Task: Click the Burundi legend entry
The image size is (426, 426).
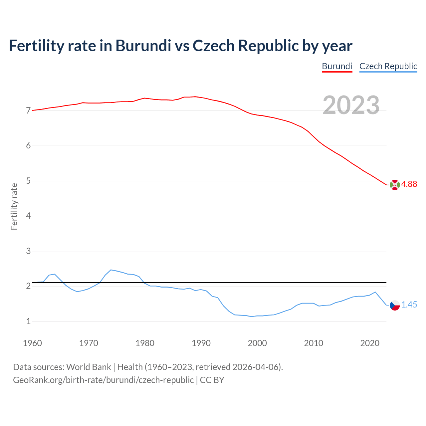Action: click(x=337, y=66)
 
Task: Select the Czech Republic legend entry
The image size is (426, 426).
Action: click(x=388, y=66)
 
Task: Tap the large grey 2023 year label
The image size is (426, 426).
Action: click(x=351, y=105)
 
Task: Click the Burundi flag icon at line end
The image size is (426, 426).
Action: click(x=395, y=184)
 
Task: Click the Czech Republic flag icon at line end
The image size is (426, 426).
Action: click(x=395, y=305)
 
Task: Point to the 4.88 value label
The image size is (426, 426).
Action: click(x=409, y=184)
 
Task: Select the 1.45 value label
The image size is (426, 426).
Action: click(x=409, y=305)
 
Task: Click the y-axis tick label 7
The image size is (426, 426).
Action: click(x=28, y=111)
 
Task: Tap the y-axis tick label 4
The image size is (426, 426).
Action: click(x=28, y=216)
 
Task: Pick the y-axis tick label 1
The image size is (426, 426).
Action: click(x=28, y=321)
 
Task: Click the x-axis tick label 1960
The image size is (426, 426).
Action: click(x=32, y=343)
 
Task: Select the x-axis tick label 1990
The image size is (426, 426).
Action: click(x=201, y=343)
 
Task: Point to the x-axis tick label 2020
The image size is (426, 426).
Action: click(x=370, y=343)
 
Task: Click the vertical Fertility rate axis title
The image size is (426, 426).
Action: click(x=14, y=206)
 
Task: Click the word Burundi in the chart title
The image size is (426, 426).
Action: click(x=143, y=46)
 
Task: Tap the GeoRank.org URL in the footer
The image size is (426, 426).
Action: click(x=103, y=380)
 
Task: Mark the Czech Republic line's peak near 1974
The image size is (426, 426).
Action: click(x=111, y=270)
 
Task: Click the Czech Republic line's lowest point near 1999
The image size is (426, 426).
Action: click(x=252, y=317)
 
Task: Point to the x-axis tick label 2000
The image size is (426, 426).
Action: click(x=257, y=343)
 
